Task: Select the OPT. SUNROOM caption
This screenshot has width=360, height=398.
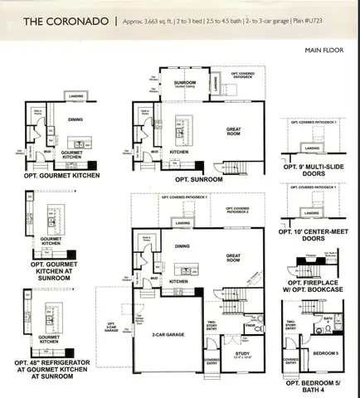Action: coord(198,178)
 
